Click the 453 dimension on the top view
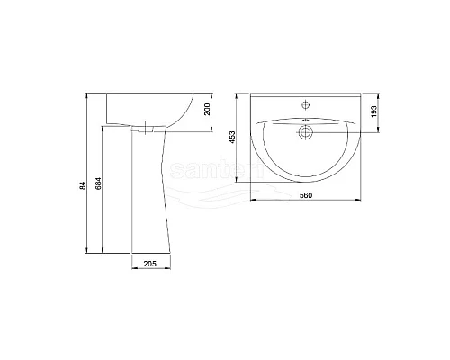[232, 136]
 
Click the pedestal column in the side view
[149, 198]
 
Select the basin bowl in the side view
[153, 110]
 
